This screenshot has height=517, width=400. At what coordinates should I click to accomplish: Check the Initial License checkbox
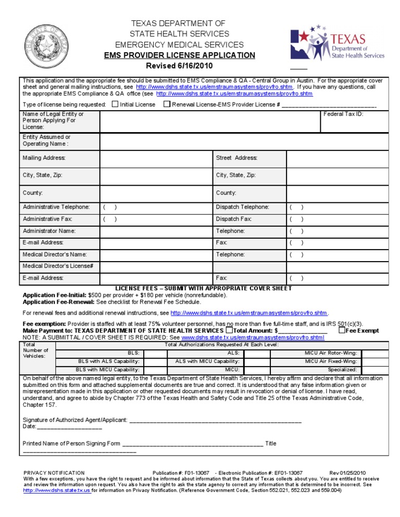[115, 104]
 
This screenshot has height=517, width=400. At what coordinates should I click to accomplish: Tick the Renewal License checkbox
[167, 104]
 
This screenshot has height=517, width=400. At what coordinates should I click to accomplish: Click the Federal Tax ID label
[343, 114]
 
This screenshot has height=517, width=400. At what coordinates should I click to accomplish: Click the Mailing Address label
[44, 158]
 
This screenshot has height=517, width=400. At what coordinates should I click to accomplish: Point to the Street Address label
[237, 158]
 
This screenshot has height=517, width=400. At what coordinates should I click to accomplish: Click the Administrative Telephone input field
[156, 207]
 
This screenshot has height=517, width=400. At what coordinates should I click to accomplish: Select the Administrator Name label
[49, 231]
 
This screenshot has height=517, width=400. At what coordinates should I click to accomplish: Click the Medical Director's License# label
[58, 266]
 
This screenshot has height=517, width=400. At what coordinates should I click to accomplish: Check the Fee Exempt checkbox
[342, 330]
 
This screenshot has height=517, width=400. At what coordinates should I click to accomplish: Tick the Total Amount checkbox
[229, 330]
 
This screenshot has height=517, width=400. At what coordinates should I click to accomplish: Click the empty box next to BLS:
[155, 353]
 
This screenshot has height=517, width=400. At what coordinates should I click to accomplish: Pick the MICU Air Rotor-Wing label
[331, 353]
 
